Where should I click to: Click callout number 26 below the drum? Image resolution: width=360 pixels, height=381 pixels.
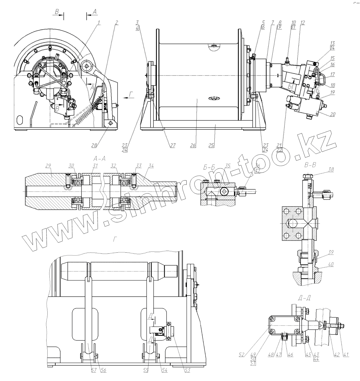point(193,145)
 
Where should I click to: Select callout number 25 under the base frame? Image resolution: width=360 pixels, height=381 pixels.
point(211,145)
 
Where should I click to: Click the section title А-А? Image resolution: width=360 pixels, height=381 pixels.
point(99,158)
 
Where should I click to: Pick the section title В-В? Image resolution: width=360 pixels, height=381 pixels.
point(310,165)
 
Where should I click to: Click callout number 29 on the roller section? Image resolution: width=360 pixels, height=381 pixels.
point(48,166)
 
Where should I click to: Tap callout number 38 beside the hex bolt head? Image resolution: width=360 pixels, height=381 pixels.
point(331,170)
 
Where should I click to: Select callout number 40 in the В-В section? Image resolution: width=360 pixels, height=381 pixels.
point(331,264)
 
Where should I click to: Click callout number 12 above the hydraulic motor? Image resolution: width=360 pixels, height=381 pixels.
point(302,23)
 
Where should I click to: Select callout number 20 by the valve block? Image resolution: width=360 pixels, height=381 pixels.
point(332,114)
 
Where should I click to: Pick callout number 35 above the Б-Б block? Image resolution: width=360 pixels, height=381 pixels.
point(228,166)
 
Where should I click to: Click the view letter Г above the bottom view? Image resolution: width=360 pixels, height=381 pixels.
point(114,239)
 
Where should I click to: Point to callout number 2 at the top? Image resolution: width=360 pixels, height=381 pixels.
point(116,23)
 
